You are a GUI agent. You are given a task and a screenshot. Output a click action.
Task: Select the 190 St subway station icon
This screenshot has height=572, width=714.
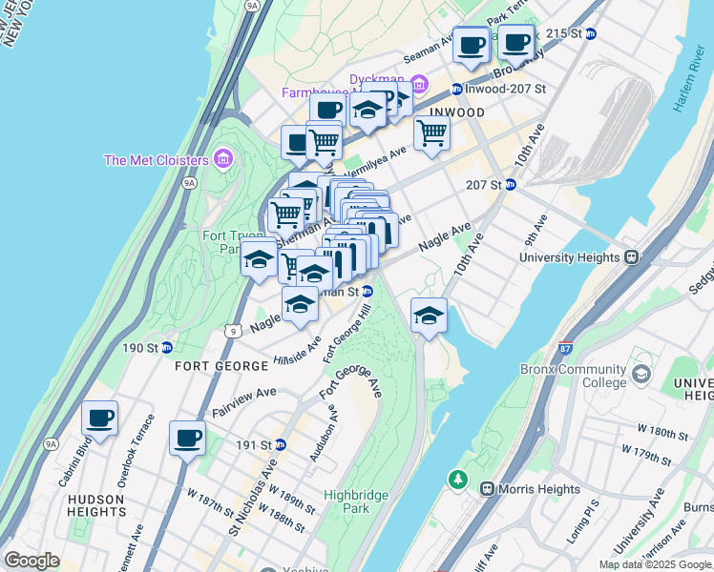(x=166, y=347)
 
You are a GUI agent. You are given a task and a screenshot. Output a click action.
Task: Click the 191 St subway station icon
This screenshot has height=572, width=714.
(x=280, y=444)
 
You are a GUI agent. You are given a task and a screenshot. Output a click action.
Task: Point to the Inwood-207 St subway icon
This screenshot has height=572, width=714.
(x=457, y=89)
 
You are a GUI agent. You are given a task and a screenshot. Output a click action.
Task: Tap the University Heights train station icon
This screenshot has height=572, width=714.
(x=631, y=257)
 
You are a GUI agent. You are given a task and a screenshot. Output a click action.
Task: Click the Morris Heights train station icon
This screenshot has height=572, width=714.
(x=487, y=488)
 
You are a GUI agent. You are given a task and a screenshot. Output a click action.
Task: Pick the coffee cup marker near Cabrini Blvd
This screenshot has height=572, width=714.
(x=99, y=419)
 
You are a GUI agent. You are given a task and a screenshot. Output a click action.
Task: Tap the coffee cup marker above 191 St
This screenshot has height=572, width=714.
(x=188, y=439)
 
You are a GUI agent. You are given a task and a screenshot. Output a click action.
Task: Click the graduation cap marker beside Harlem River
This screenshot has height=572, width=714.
(x=429, y=316)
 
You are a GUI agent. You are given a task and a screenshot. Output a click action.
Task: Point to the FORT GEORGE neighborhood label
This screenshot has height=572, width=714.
(x=211, y=366)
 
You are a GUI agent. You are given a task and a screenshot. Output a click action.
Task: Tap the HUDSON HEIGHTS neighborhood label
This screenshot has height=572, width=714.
(x=95, y=505)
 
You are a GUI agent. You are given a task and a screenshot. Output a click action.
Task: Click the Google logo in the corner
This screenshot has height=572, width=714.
(x=31, y=561)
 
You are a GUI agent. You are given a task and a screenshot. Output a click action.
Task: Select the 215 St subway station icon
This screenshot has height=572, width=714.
(x=590, y=33)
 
